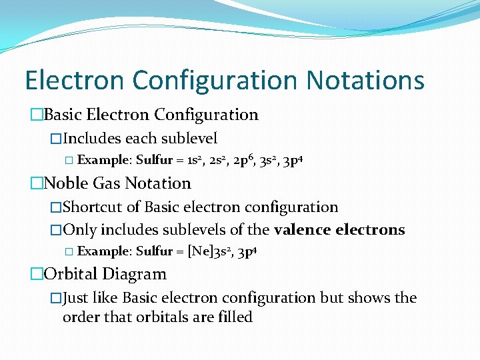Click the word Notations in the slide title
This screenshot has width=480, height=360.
point(365,81)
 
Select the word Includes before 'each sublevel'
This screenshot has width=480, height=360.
point(93,139)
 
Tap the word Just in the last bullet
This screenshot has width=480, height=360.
point(77,298)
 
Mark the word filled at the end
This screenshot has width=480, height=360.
point(235,317)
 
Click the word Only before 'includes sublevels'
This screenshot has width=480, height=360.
point(79,230)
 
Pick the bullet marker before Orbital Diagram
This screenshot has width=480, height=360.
point(37,274)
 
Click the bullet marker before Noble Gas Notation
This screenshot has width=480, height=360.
point(37,183)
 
